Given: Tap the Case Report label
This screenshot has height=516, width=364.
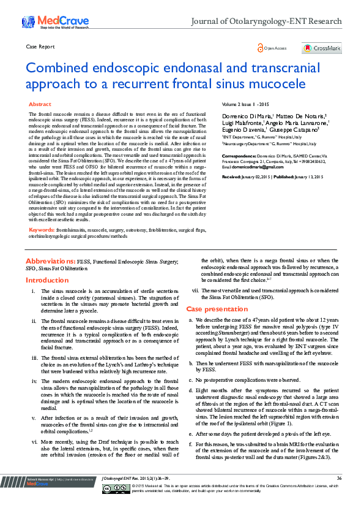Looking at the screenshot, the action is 41,47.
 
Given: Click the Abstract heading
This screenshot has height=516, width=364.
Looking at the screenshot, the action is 40,105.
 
